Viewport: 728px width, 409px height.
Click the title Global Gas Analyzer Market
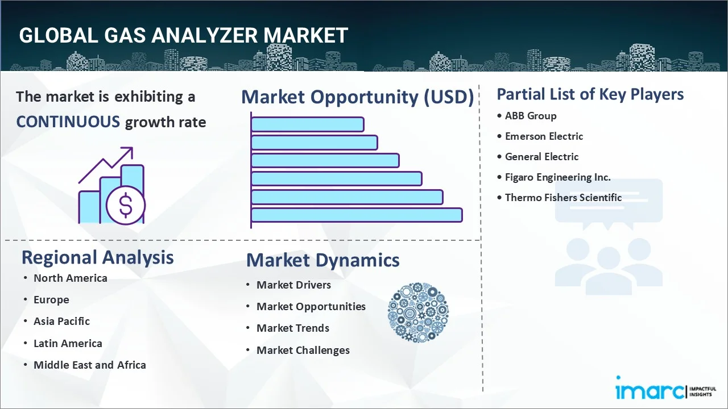point(183,35)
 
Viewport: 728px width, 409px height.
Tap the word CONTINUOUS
point(68,122)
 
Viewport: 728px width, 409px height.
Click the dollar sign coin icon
point(126,206)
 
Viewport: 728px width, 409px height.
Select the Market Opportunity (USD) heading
point(357,97)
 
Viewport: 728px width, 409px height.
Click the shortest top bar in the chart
point(307,124)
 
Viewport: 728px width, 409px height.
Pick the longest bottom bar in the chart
point(357,215)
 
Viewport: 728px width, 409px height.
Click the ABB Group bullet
point(530,116)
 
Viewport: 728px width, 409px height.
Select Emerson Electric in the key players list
point(544,136)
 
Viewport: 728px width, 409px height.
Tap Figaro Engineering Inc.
point(557,177)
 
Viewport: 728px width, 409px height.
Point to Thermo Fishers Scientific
point(563,198)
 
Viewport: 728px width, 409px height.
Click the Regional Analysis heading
point(97,257)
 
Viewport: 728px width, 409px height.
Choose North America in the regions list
point(70,278)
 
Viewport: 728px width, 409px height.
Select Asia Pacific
point(61,321)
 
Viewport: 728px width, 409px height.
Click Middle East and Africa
point(89,365)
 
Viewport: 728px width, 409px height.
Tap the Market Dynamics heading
point(322,260)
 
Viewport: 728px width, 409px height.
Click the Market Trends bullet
point(292,328)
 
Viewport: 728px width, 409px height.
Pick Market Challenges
point(303,350)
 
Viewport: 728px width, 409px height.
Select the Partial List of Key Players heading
point(590,94)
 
